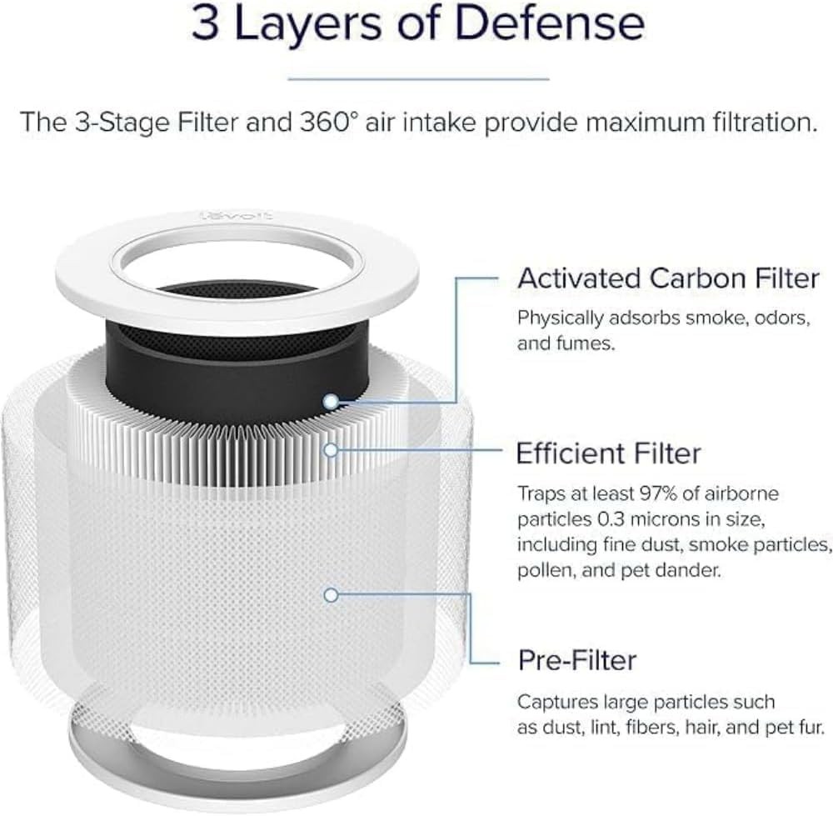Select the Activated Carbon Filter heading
point(668,278)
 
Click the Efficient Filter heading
point(609,453)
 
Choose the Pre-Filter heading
point(577,660)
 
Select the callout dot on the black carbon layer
point(332,402)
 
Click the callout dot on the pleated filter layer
point(332,450)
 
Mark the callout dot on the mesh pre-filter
point(332,595)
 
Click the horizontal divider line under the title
point(418,79)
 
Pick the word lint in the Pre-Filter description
point(583,727)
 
